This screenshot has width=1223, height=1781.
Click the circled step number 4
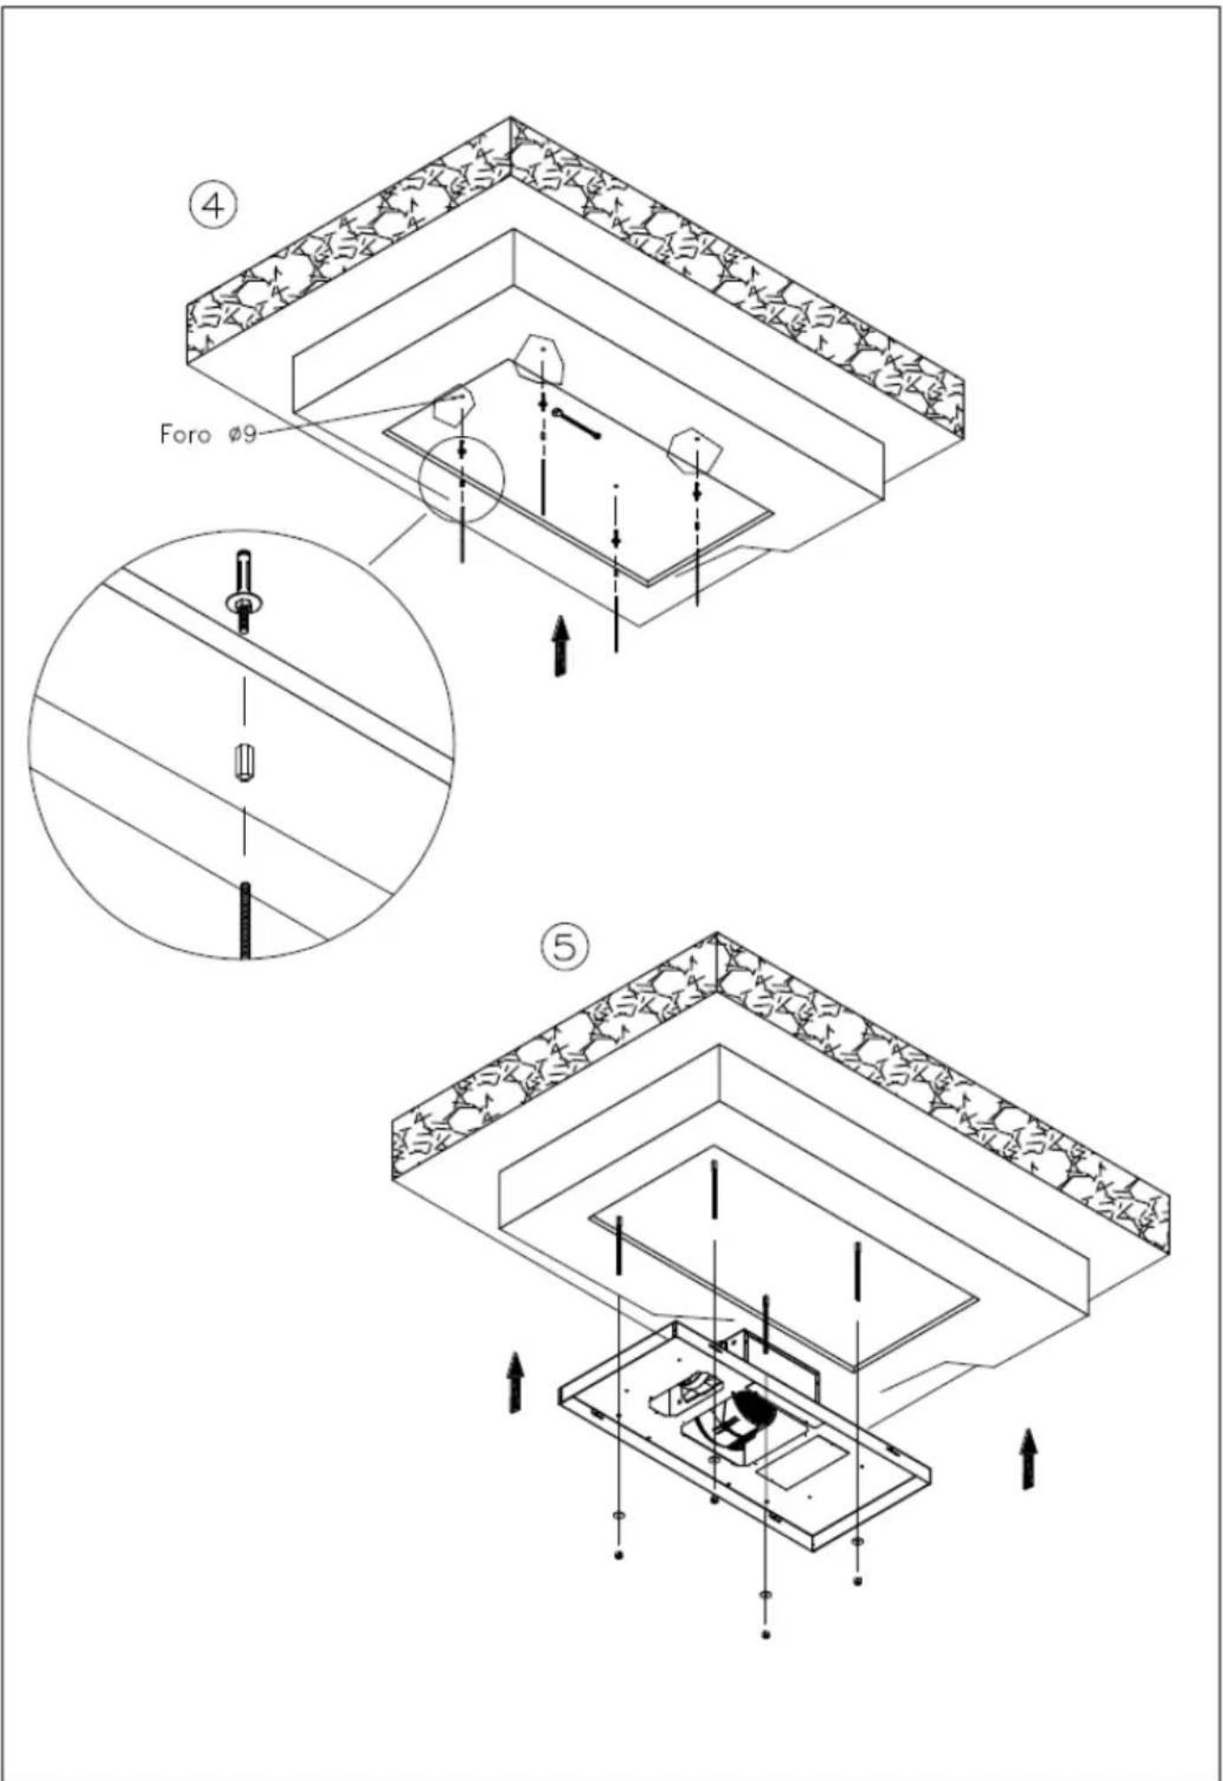click(214, 206)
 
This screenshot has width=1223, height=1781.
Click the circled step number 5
click(564, 947)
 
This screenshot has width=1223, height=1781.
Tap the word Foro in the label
click(185, 434)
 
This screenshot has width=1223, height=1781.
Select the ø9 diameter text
click(241, 434)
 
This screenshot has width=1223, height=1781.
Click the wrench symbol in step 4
click(576, 423)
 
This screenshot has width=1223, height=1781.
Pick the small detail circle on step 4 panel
click(461, 479)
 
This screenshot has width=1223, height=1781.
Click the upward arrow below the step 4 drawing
click(560, 645)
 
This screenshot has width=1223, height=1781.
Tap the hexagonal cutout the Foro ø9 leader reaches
click(453, 405)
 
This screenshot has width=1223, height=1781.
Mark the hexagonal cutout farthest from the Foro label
click(695, 450)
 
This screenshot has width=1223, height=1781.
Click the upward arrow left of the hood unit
click(515, 1382)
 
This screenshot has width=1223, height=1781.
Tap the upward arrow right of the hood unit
click(1028, 1458)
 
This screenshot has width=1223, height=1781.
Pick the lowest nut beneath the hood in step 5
click(766, 1634)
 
